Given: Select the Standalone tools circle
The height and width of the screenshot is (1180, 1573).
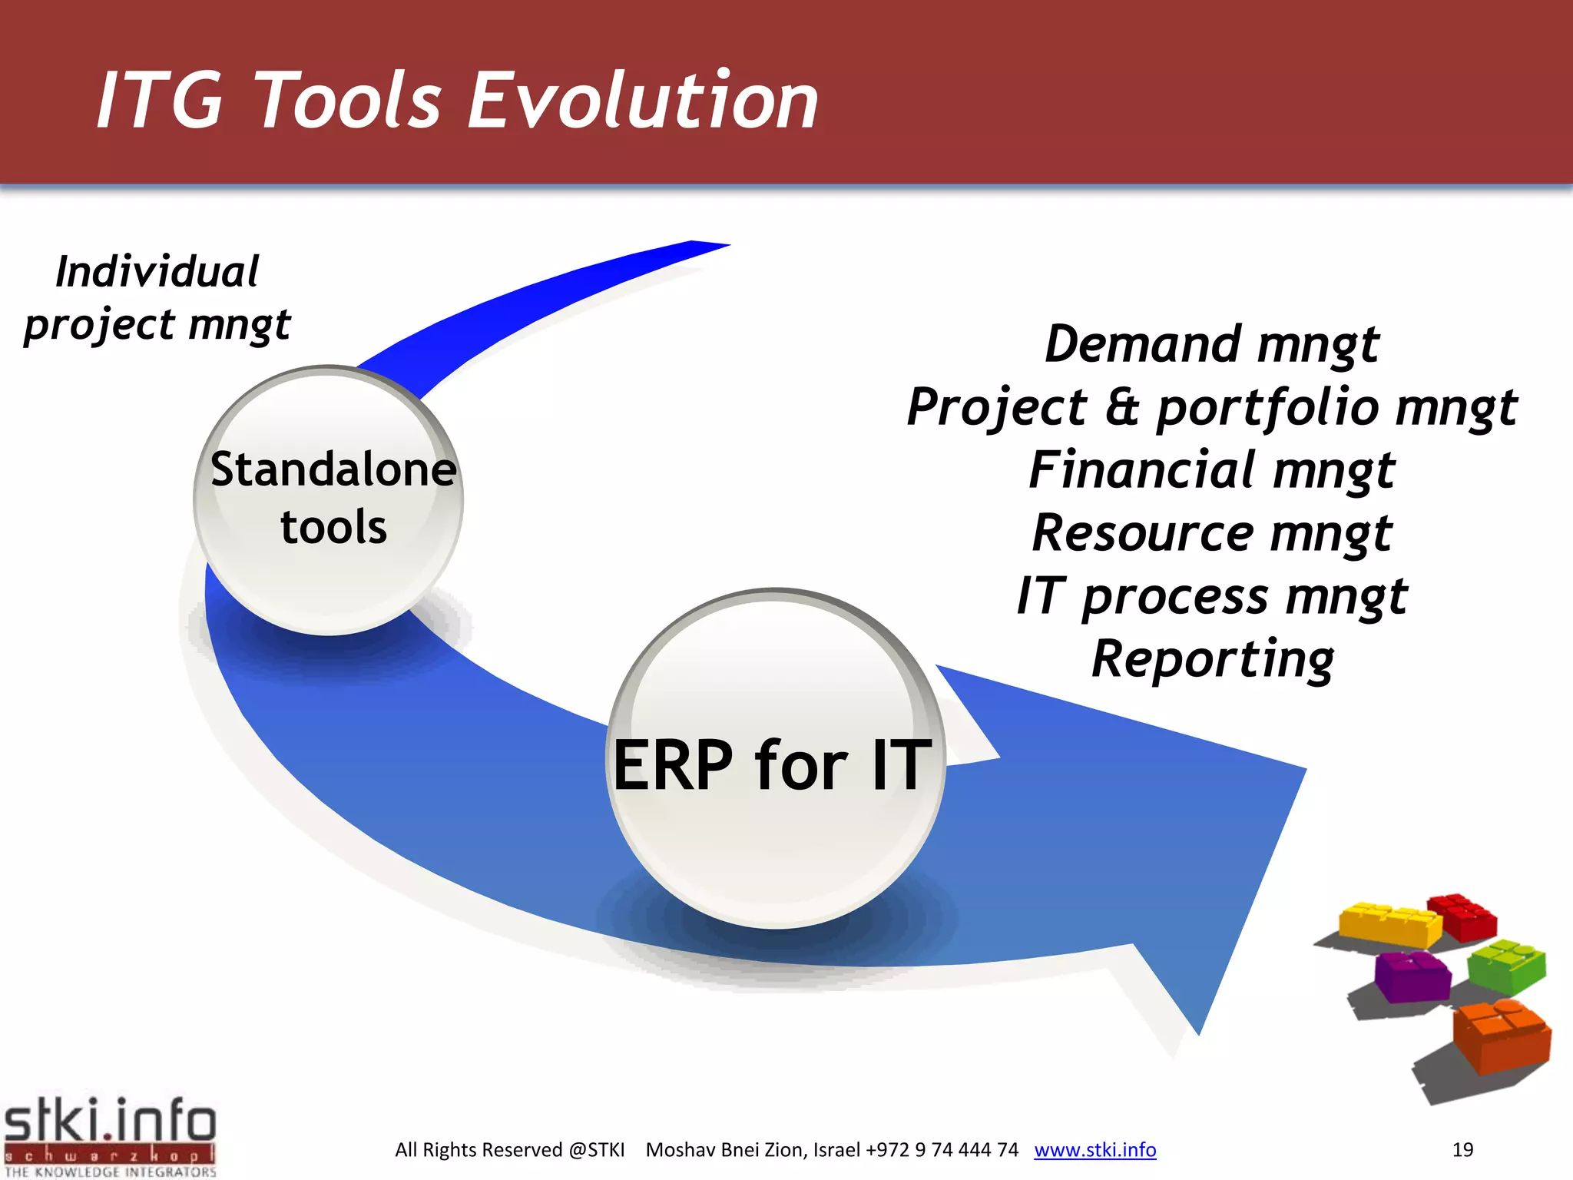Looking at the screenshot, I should (x=329, y=499).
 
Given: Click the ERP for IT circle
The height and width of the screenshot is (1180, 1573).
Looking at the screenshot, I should (x=774, y=761).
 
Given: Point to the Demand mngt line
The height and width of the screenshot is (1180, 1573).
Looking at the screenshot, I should (x=1212, y=344).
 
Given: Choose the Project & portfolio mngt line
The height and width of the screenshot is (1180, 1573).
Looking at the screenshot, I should (x=1212, y=407).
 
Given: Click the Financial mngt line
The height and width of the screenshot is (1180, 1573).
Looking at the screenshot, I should (x=1212, y=470).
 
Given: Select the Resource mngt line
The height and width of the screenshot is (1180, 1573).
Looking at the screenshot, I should (x=1212, y=533).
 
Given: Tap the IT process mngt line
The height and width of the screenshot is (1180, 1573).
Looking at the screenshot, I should (x=1212, y=596).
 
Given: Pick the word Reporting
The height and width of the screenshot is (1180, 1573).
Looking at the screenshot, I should (x=1212, y=659).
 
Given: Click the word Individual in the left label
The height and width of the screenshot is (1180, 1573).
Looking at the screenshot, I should (x=157, y=272).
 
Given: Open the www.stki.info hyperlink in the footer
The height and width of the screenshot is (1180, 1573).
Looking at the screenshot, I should (x=1094, y=1149).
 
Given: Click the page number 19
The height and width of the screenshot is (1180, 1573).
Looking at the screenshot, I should (x=1462, y=1149).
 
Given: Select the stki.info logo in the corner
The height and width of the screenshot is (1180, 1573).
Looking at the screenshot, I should (x=110, y=1137).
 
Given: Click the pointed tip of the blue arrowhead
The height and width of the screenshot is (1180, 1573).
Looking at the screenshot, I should (x=1198, y=1032).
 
